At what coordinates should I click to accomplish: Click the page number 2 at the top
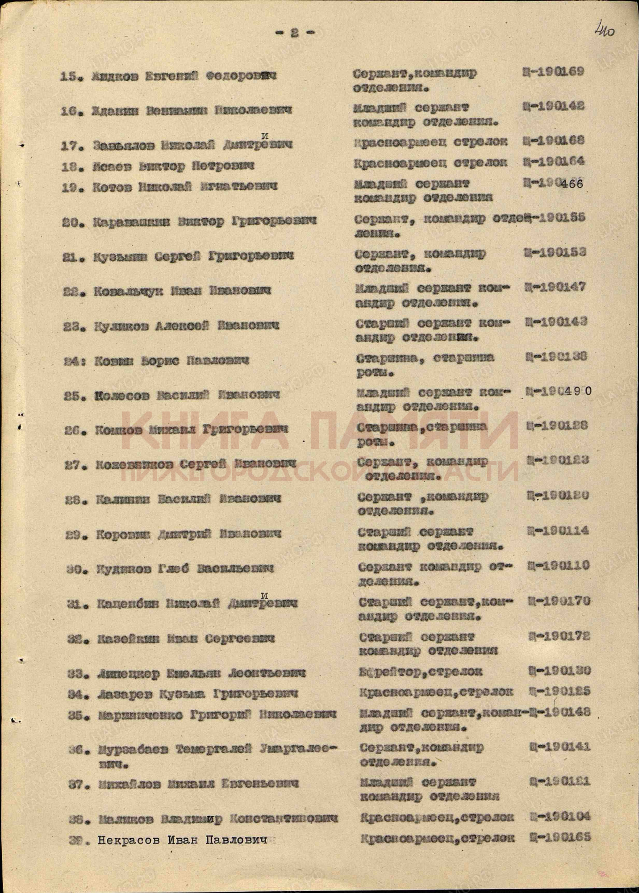coord(294,33)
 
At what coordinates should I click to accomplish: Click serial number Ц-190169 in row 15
coord(553,72)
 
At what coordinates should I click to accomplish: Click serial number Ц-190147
coord(555,287)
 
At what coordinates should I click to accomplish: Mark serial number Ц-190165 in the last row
coord(560,837)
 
